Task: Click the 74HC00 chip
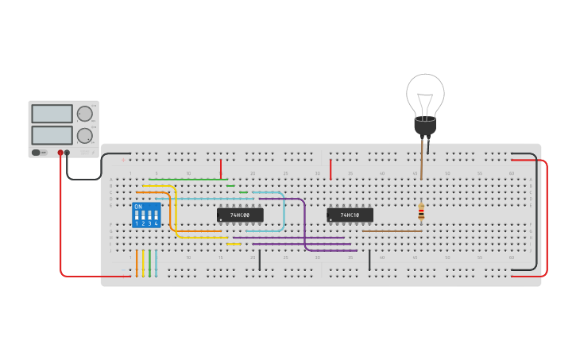[240, 215]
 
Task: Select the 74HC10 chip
[350, 215]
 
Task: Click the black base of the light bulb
[425, 126]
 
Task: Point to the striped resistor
[421, 212]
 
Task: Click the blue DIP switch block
[146, 215]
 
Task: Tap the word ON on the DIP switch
[138, 207]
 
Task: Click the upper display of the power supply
[52, 114]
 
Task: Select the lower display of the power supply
[52, 135]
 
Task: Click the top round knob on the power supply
[84, 114]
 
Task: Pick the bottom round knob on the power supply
[84, 135]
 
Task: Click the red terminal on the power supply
[60, 153]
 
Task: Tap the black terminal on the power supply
[68, 153]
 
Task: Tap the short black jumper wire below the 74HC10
[369, 260]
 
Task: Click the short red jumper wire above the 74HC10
[331, 168]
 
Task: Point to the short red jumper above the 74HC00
[221, 168]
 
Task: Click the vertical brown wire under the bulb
[421, 163]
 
